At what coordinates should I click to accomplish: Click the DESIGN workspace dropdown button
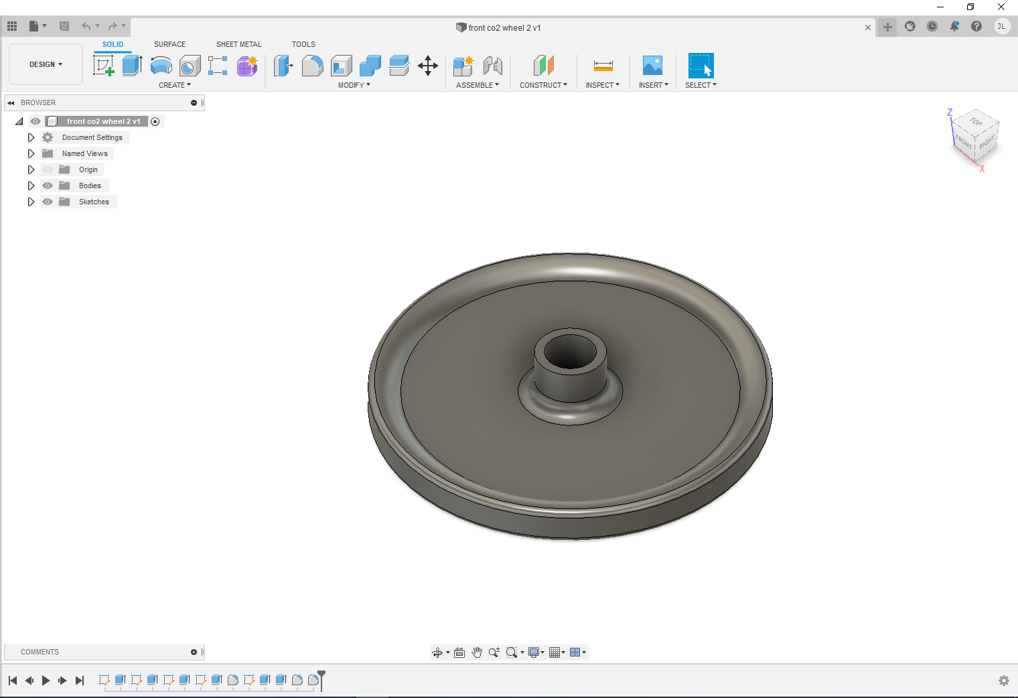(x=46, y=64)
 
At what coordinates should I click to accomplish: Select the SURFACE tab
(x=169, y=44)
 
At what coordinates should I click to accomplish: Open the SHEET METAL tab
(x=238, y=44)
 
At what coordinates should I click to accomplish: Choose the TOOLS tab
(x=303, y=44)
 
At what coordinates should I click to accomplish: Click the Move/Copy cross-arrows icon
(x=428, y=66)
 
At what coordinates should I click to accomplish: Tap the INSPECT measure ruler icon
(x=603, y=66)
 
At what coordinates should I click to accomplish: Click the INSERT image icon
(x=652, y=66)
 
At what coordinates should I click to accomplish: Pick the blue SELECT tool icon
(x=701, y=66)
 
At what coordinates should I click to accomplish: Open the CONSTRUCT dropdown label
(x=543, y=85)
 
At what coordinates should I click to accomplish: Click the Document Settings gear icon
(x=48, y=137)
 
